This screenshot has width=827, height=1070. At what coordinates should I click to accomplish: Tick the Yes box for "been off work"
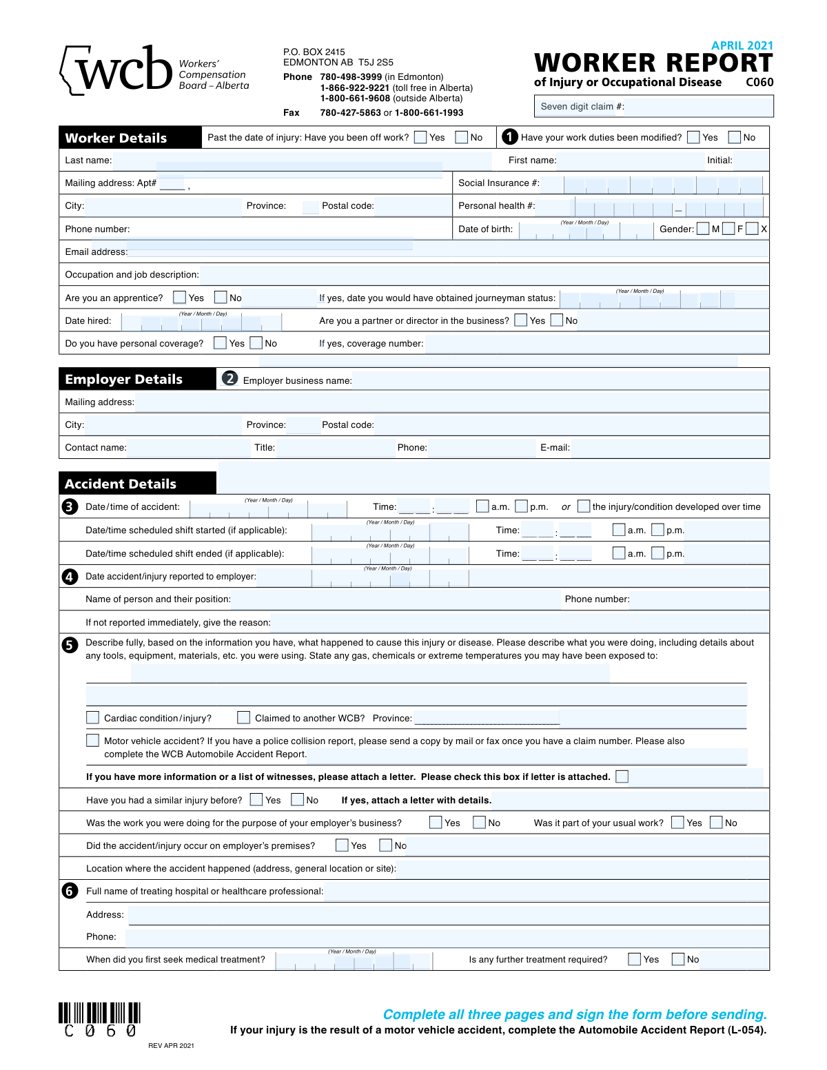pos(420,137)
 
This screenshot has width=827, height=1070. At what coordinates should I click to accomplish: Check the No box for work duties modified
pos(735,137)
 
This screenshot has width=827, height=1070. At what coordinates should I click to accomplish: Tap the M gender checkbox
pos(703,229)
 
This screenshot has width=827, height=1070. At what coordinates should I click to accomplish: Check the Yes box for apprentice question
pos(180,297)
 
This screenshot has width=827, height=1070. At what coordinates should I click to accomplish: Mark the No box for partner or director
pos(557,320)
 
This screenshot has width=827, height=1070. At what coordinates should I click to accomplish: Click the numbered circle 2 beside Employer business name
pos(230,378)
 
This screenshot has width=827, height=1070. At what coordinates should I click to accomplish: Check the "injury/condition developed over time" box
pos(584,506)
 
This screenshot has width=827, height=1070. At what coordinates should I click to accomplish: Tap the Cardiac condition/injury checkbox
pos(92,717)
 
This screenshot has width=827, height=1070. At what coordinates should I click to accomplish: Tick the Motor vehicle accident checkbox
pos(92,740)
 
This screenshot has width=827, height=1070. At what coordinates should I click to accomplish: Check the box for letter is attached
pos(622,776)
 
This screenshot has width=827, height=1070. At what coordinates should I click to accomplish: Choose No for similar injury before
pos(298,799)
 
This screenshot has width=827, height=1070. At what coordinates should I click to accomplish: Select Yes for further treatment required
pos(635,959)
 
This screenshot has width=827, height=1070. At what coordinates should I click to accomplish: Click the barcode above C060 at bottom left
pos(99,1012)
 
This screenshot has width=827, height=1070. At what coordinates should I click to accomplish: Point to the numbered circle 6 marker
pos(70,891)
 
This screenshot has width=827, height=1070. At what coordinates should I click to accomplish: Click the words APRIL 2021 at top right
pos(742,45)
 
